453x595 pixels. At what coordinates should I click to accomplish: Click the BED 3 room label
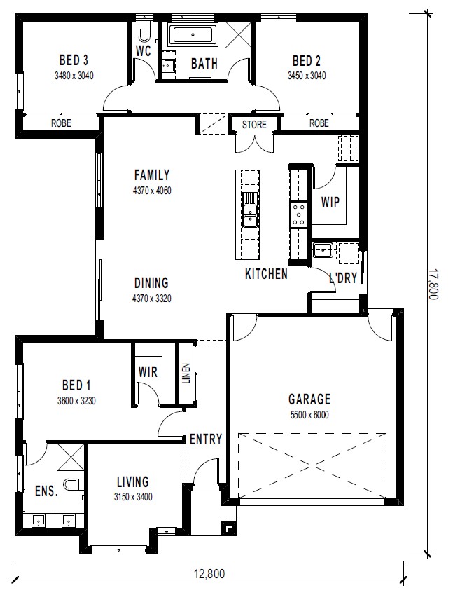(74, 60)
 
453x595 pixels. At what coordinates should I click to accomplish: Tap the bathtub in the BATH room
(193, 34)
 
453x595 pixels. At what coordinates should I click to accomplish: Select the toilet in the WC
(144, 32)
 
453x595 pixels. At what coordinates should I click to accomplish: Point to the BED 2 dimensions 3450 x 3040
(307, 76)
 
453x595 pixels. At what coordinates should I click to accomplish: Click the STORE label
(254, 125)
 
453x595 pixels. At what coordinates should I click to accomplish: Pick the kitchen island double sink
(249, 215)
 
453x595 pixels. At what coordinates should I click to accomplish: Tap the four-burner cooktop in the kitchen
(299, 214)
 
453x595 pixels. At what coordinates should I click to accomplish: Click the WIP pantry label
(330, 203)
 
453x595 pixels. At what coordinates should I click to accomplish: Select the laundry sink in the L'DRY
(323, 250)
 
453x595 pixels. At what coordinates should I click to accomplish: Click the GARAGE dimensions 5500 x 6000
(309, 415)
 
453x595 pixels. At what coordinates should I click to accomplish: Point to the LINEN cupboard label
(186, 374)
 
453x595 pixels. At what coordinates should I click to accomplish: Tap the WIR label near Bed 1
(148, 372)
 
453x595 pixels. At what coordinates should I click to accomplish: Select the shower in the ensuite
(71, 457)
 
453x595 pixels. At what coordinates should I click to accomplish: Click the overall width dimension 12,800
(209, 574)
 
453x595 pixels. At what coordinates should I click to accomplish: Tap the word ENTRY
(206, 439)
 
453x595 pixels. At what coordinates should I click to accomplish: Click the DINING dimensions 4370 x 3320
(152, 299)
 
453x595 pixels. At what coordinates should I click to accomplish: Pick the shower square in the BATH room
(239, 34)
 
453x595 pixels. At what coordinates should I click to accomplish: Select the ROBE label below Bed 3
(61, 123)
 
